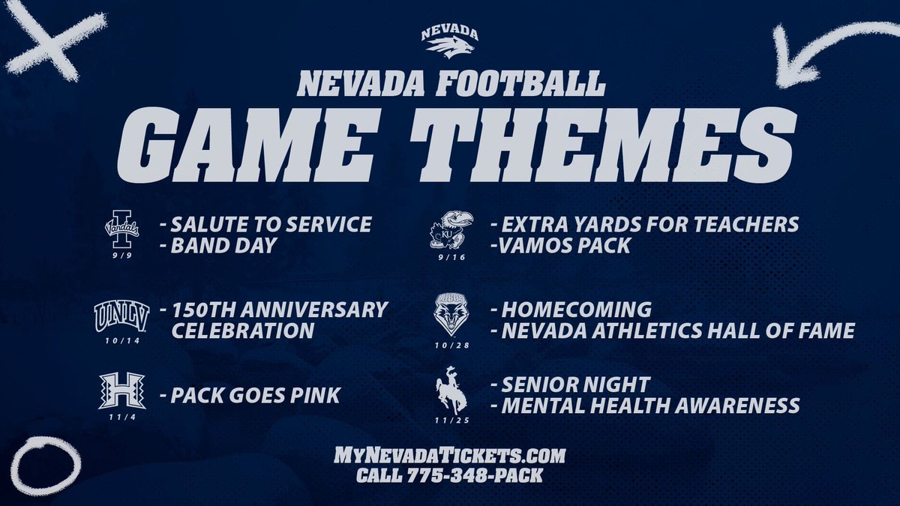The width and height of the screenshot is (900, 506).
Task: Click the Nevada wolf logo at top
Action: click(x=448, y=44)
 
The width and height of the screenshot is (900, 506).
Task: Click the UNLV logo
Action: click(x=121, y=316)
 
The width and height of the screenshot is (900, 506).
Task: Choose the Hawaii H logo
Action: click(x=121, y=391)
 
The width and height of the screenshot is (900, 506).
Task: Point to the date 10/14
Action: click(x=121, y=340)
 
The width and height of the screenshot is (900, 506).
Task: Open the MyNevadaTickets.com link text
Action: click(x=450, y=456)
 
